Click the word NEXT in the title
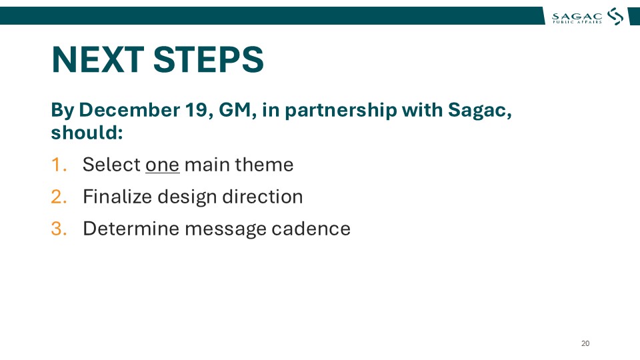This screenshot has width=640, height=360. pyautogui.click(x=97, y=59)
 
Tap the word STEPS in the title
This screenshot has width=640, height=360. pyautogui.click(x=209, y=59)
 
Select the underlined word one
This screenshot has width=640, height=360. pyautogui.click(x=163, y=165)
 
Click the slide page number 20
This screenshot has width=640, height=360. pyautogui.click(x=585, y=344)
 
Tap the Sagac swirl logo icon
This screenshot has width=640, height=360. pyautogui.click(x=615, y=16)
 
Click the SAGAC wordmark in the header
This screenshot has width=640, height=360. pyautogui.click(x=577, y=17)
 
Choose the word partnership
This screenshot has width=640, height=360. pyautogui.click(x=341, y=111)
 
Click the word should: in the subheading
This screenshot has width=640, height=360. pyautogui.click(x=87, y=133)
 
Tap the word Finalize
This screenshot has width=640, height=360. pyautogui.click(x=117, y=197)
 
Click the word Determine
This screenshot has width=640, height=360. pyautogui.click(x=131, y=229)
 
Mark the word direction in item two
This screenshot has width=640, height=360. pyautogui.click(x=263, y=197)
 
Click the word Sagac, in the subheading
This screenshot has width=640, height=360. pyautogui.click(x=480, y=111)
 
